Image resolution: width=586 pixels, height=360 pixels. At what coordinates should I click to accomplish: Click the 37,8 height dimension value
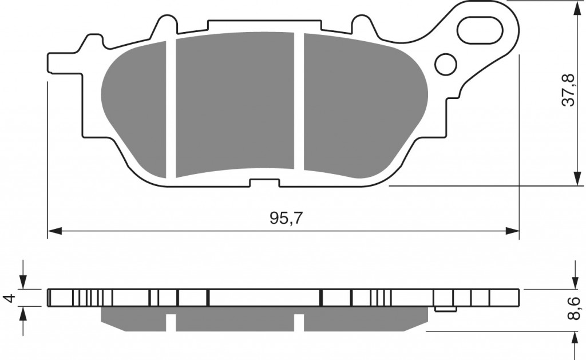[x=568, y=90]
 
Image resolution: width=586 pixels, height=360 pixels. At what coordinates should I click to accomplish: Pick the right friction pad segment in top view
[x=361, y=106]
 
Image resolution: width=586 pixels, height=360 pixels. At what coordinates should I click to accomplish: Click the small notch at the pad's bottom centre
[x=264, y=183]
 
